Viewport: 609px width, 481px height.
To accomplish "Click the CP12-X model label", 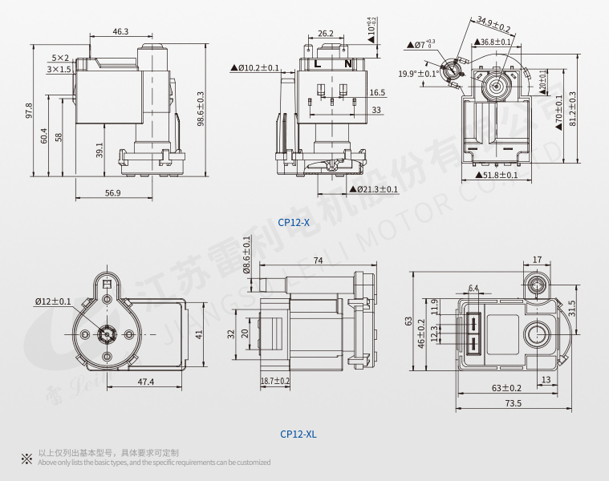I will (293, 222).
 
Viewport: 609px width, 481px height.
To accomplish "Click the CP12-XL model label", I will (298, 434).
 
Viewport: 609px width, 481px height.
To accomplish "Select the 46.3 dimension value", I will (120, 31).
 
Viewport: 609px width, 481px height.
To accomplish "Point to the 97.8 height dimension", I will (29, 111).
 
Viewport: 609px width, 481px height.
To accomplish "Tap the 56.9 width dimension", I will (112, 193).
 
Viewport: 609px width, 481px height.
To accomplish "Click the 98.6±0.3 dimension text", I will (201, 107).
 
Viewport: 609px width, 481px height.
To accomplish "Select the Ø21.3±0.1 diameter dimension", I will (374, 189).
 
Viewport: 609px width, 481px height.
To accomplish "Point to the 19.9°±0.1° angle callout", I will (417, 74).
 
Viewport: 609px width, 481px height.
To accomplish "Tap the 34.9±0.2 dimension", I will (493, 24).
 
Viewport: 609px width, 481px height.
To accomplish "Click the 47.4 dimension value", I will (145, 382).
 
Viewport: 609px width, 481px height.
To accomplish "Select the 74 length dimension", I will (318, 261).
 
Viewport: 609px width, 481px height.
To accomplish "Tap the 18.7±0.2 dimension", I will (275, 381).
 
